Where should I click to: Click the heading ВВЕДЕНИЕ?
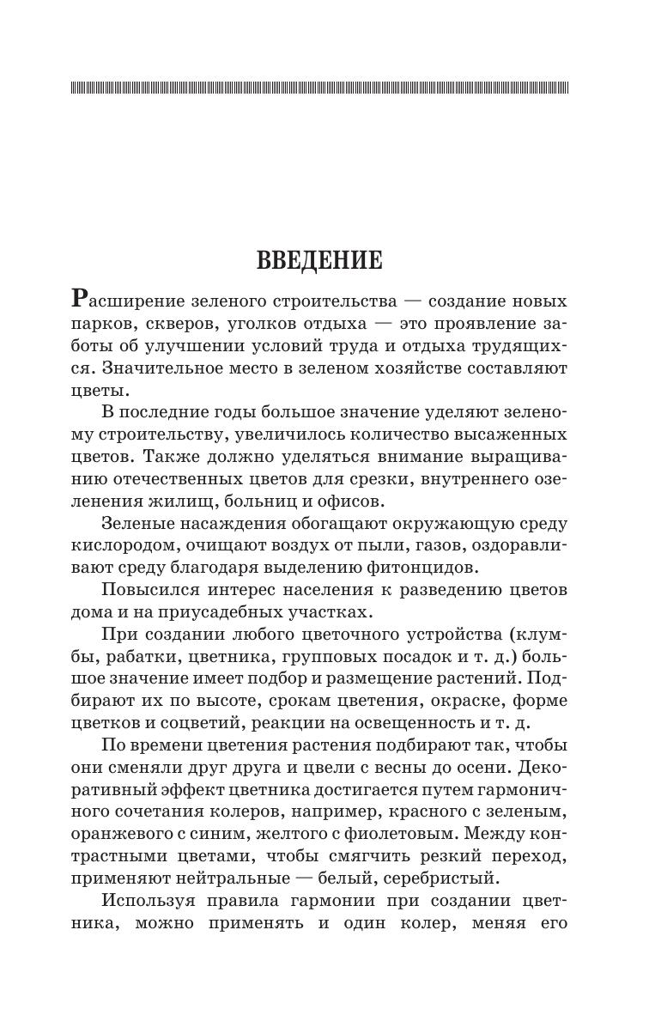point(319,260)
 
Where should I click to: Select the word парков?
point(104,325)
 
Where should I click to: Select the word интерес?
point(256,590)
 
